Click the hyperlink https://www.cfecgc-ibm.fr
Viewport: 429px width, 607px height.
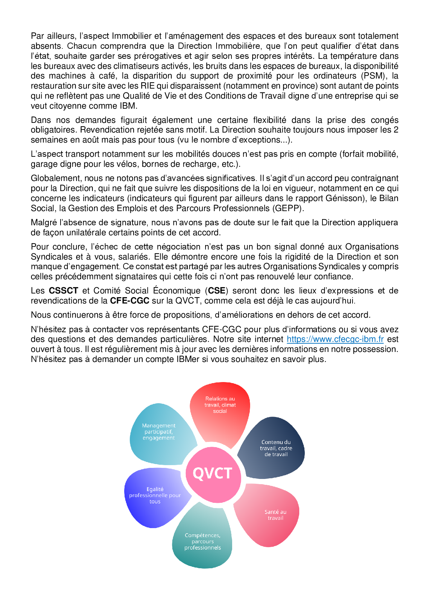click(x=335, y=339)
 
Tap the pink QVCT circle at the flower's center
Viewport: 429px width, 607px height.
click(x=212, y=473)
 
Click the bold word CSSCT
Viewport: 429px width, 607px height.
click(x=63, y=291)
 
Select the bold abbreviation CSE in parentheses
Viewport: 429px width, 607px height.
click(x=217, y=291)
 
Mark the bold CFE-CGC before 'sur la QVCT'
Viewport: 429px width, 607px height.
click(x=129, y=301)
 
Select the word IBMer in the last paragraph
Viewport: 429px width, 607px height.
click(x=188, y=359)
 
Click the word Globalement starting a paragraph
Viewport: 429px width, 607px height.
click(x=55, y=178)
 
